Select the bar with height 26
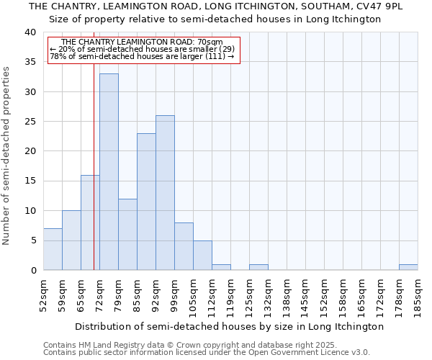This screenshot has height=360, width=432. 165,192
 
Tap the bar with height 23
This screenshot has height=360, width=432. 146,202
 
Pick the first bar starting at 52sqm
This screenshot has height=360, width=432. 53,249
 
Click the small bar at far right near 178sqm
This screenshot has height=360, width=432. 408,267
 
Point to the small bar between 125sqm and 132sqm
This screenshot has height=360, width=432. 258,267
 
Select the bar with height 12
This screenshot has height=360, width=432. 127,234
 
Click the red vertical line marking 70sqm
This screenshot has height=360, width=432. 94,180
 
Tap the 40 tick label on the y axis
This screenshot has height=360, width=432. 30,32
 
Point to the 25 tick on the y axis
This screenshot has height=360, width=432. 30,122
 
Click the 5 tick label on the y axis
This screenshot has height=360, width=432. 32,240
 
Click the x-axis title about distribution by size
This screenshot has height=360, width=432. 229,326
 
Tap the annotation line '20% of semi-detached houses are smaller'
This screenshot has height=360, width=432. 142,50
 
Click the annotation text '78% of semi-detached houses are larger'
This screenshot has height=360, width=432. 142,57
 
